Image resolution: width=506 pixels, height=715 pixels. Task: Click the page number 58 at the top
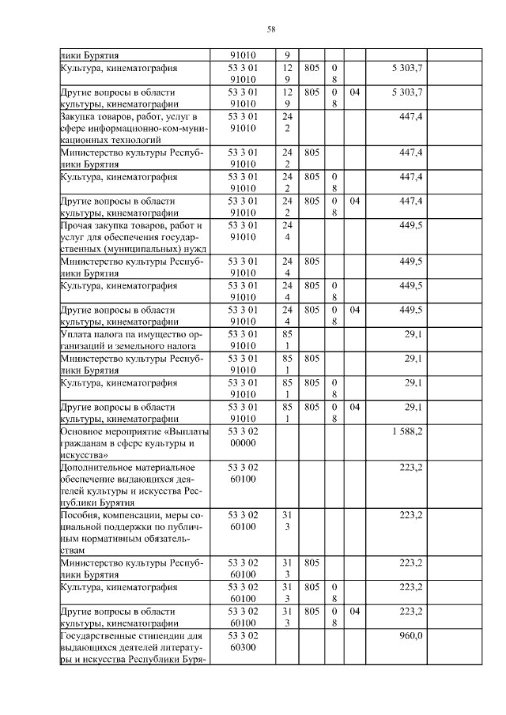tap(271, 29)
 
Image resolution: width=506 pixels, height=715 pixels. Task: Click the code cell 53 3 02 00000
tap(242, 438)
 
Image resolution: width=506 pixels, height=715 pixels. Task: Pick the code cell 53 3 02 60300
tap(242, 642)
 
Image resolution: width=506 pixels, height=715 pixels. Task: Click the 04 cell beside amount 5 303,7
tap(354, 92)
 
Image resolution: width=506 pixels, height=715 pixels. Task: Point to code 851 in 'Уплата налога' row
tap(287, 341)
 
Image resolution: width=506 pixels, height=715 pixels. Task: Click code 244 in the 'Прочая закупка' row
tap(287, 231)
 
